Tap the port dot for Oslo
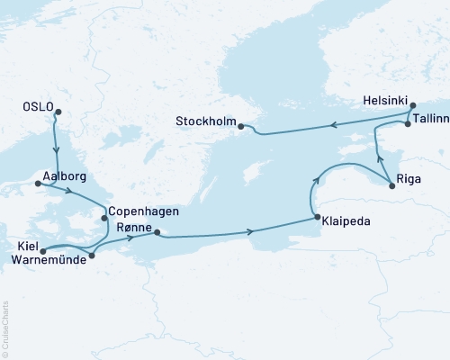tap(58, 112)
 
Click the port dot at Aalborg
tap(38, 184)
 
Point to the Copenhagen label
tap(144, 211)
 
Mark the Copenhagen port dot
tap(105, 217)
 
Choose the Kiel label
tap(27, 244)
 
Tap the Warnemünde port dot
tap(92, 256)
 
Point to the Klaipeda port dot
tap(316, 217)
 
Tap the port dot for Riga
tap(392, 185)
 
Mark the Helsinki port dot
tap(413, 106)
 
